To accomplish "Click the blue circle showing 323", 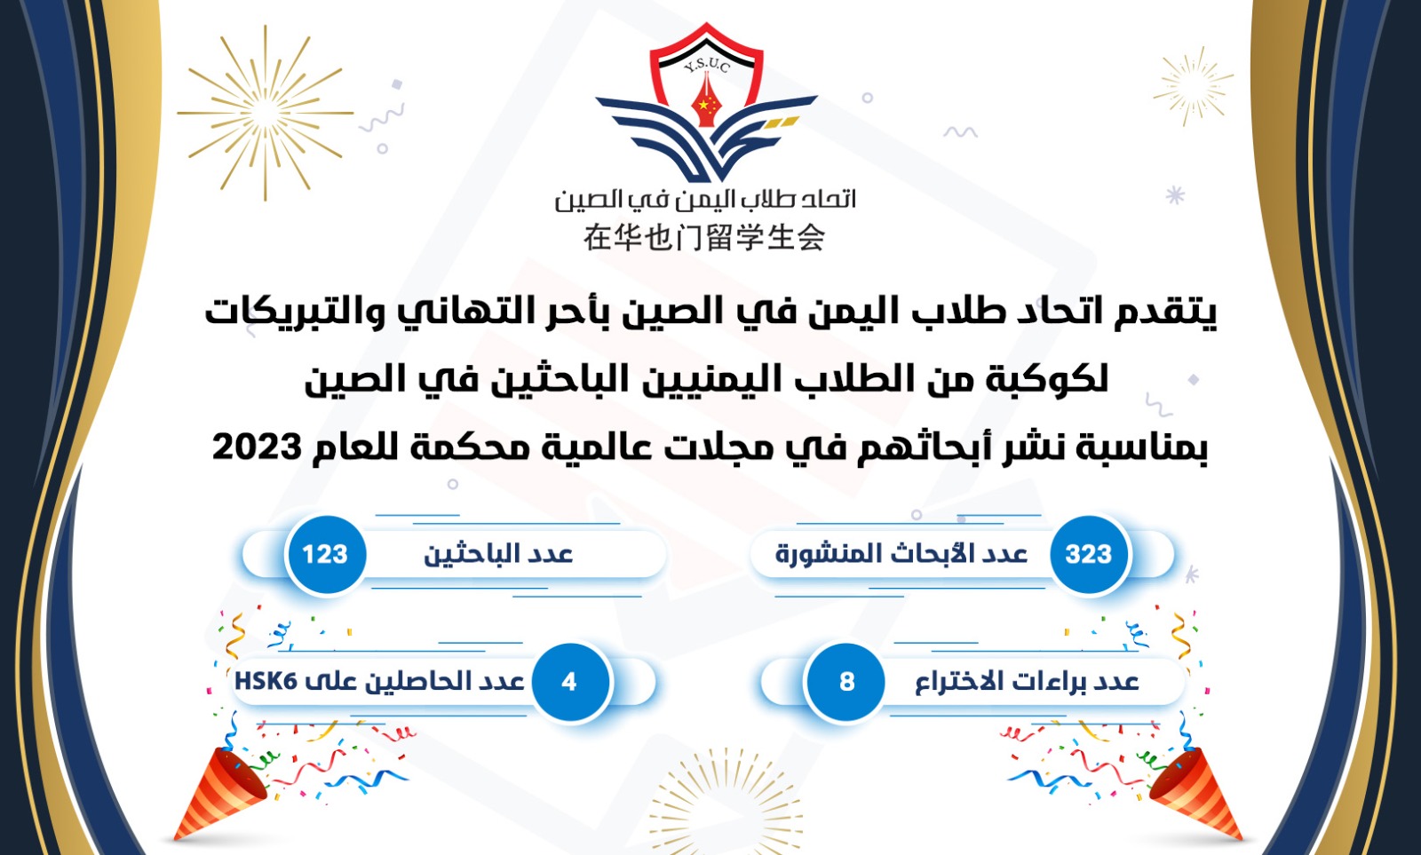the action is tap(1089, 554).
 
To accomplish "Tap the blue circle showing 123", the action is tap(325, 554).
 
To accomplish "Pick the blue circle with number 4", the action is tap(569, 682).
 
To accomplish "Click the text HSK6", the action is tap(266, 681).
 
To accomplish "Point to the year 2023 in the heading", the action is tap(257, 447).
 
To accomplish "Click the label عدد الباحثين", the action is tap(498, 554).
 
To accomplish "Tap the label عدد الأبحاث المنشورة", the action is tap(901, 554).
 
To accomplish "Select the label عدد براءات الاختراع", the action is tap(1027, 682).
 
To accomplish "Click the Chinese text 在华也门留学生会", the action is tap(704, 238).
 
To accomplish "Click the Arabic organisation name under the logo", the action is tap(705, 200).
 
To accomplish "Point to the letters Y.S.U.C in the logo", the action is tap(707, 66).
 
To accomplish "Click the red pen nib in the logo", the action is tap(706, 100).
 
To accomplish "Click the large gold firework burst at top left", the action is tap(266, 113).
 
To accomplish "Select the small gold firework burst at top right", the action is tap(1193, 85).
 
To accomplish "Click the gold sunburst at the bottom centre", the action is tap(726, 803).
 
